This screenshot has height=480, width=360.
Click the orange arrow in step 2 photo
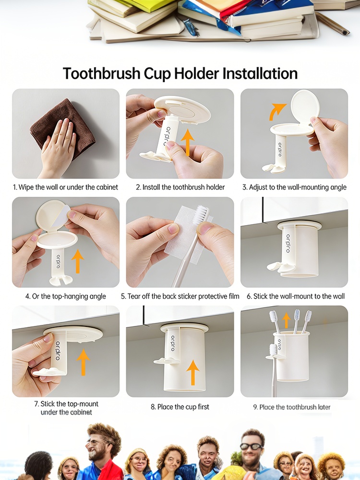tap(187, 143)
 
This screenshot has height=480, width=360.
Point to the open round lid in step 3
tap(305, 105)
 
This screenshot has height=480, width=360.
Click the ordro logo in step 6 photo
tap(288, 243)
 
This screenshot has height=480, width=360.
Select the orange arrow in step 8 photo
tap(193, 372)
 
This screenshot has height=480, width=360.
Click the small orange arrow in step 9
tap(286, 320)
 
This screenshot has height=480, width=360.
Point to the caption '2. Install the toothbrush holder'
tap(180, 187)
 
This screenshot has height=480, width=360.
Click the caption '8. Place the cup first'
tap(180, 407)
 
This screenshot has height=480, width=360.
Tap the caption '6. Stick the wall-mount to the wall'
tap(296, 296)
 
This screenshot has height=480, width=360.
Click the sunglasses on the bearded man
tap(252, 446)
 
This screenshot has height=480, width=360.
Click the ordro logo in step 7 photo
tap(58, 351)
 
